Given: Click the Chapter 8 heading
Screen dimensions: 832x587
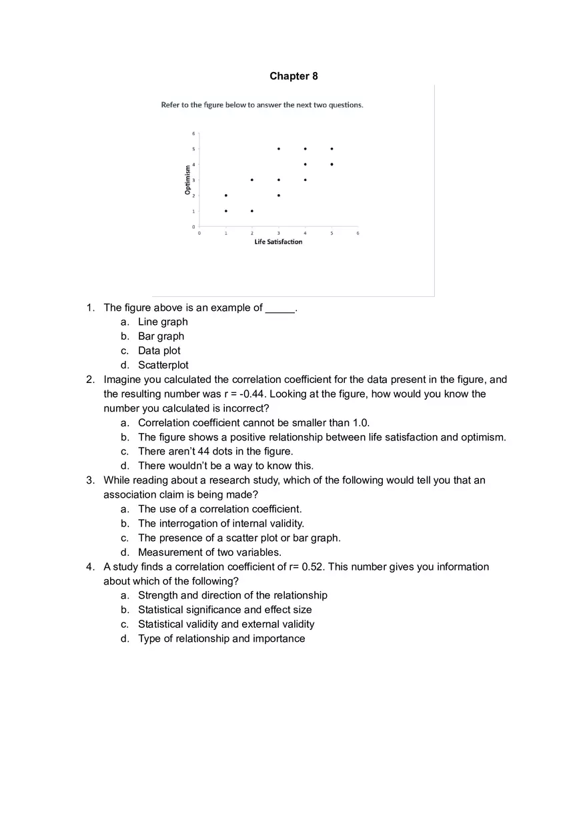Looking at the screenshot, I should (293, 76).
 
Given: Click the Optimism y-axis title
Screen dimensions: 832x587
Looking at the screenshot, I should (188, 179).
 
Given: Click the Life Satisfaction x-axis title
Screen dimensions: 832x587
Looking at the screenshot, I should (278, 242).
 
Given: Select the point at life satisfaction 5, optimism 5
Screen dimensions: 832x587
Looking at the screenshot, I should (332, 149).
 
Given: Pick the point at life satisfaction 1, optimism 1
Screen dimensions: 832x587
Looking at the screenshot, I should (226, 211).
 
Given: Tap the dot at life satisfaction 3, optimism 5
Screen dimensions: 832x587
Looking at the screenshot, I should (279, 149).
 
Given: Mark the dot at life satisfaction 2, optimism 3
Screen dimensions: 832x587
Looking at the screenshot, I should (252, 179).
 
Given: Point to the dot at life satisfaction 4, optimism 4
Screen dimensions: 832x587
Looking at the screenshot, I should (305, 164).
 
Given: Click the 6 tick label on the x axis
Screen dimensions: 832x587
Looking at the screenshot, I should (358, 233).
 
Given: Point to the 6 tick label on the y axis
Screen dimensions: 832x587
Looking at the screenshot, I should (193, 133).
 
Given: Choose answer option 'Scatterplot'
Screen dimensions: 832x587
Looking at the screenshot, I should (163, 365).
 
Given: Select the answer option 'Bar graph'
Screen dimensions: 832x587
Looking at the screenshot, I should (161, 336).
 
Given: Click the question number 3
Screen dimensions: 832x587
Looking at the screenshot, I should (90, 480).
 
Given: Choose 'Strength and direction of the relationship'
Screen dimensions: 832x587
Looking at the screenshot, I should (232, 595).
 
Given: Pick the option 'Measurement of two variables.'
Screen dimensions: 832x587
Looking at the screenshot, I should (209, 552).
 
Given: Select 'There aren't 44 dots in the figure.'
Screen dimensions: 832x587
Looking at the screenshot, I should (215, 452).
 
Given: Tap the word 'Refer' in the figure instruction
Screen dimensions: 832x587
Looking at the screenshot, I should (170, 105).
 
